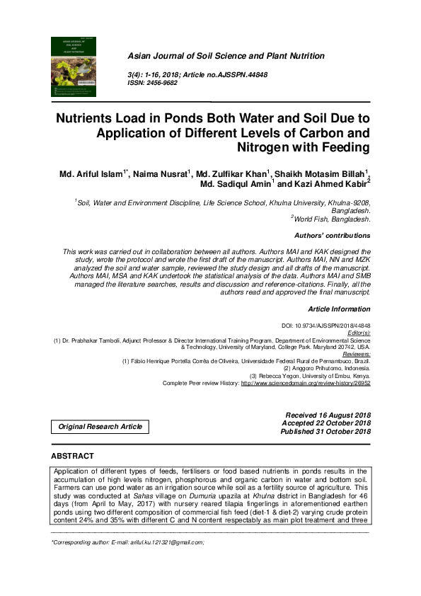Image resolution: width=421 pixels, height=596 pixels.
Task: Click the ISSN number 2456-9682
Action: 161,83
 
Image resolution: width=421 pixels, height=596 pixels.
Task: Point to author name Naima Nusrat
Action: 167,174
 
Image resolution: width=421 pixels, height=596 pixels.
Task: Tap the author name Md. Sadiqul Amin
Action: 236,185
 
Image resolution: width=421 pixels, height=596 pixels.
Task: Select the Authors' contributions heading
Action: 332,236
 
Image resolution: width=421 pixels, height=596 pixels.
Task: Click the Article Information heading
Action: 339,309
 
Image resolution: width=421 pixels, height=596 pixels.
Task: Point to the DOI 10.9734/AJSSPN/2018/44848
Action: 326,325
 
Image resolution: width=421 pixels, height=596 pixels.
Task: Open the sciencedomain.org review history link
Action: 306,383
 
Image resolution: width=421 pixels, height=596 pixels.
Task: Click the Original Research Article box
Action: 100,426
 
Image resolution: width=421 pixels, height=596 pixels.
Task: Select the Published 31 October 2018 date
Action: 325,431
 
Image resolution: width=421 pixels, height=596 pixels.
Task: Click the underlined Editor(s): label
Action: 356,332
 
